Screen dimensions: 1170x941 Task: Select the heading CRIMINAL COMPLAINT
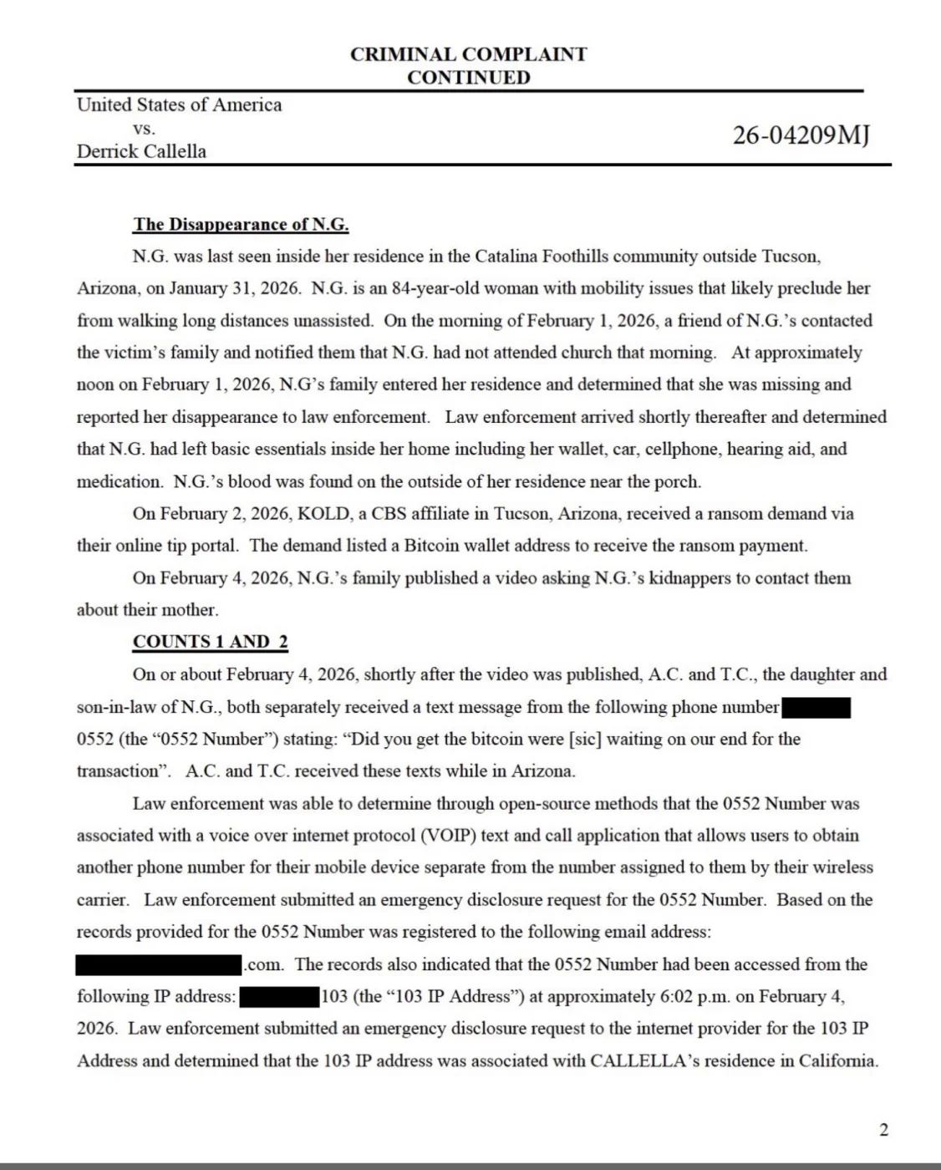[x=468, y=54]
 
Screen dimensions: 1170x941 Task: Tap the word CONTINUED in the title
[x=468, y=78]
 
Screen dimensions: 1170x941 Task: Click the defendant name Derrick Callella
[x=141, y=151]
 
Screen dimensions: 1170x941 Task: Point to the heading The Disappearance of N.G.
[x=241, y=224]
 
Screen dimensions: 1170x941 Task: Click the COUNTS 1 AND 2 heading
[x=210, y=642]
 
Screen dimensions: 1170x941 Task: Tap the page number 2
[x=883, y=1131]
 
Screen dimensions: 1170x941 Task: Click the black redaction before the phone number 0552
[x=816, y=708]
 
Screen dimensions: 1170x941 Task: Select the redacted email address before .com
[x=159, y=965]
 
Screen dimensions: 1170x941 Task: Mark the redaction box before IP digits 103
[x=280, y=997]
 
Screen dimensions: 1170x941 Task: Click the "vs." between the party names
[x=144, y=129]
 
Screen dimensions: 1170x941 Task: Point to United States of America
[x=179, y=104]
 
